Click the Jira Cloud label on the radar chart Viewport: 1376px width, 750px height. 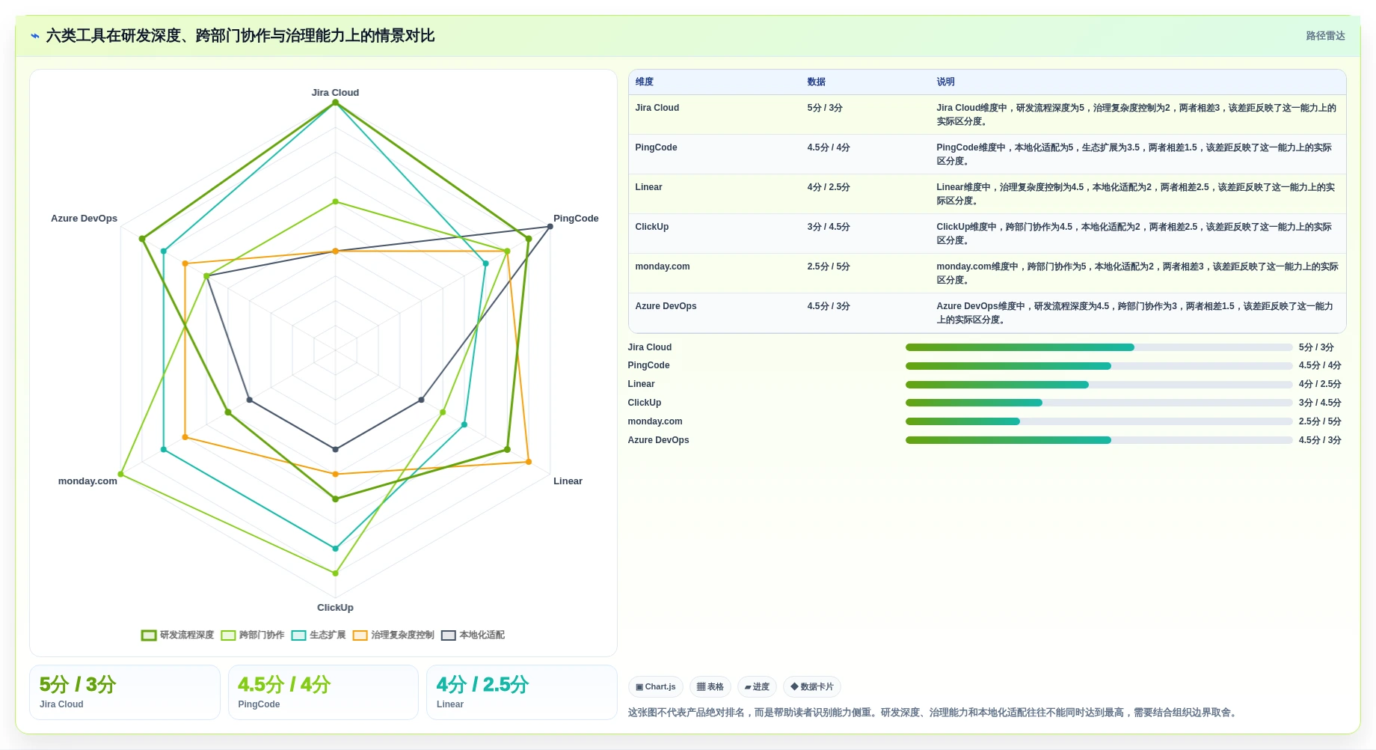point(335,93)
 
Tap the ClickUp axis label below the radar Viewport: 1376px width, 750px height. point(335,608)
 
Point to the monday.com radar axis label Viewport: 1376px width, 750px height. point(87,481)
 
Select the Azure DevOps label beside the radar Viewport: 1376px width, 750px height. point(84,219)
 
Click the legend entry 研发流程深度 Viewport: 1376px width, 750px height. point(178,635)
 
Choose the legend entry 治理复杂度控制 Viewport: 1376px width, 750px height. point(393,635)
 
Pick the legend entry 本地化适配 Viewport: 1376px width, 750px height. point(473,635)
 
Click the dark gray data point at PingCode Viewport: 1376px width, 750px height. point(550,227)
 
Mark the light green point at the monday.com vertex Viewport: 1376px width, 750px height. point(120,475)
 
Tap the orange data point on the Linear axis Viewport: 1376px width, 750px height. point(529,462)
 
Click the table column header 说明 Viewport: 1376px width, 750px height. point(945,82)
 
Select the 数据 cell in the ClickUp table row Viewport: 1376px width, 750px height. point(829,227)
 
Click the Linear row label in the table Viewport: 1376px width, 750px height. point(648,187)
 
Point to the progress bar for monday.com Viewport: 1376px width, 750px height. point(1099,421)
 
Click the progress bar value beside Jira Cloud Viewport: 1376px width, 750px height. point(1316,347)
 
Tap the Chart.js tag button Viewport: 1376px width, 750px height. point(656,687)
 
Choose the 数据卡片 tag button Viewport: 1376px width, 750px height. point(812,687)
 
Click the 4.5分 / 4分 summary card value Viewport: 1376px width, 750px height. point(284,684)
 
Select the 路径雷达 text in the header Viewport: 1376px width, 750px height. point(1325,36)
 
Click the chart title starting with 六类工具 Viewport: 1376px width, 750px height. point(240,36)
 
